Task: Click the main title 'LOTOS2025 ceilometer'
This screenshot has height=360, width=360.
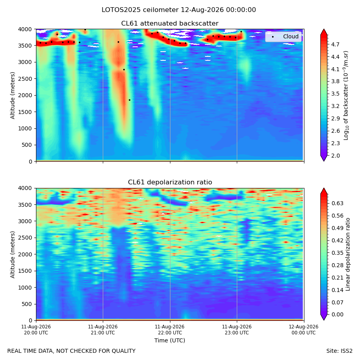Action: coord(140,10)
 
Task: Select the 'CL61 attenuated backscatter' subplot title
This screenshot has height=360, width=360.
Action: coord(170,24)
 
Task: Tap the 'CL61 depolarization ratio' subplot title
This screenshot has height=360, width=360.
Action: coord(170,182)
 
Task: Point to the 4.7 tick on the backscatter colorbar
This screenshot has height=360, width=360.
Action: coord(335,44)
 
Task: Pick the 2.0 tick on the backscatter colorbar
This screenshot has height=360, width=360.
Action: coord(335,156)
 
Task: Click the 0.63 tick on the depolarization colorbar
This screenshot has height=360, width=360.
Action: coord(337,203)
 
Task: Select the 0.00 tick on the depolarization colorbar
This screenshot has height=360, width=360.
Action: coord(337,314)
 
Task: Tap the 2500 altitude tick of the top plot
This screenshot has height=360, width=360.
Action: coord(25,79)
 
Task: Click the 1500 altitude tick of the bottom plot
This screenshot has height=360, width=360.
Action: coord(25,271)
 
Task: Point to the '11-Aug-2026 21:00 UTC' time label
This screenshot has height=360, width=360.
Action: coord(103,330)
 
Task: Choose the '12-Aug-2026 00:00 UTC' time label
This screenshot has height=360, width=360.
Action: coord(304,330)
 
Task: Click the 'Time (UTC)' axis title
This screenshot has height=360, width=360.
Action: coord(170,340)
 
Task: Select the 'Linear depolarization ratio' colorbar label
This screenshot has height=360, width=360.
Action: coord(348,254)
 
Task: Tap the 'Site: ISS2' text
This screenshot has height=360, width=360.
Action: coord(339,351)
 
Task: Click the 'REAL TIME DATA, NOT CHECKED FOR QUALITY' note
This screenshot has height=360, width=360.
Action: coord(72,351)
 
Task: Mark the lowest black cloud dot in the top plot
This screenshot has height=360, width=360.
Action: coord(130,100)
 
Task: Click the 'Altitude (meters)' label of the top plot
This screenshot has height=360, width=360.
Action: coord(12,95)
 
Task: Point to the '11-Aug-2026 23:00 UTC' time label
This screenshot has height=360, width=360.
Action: coord(237,330)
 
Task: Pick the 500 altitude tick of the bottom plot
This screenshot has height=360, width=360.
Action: coord(27,304)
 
